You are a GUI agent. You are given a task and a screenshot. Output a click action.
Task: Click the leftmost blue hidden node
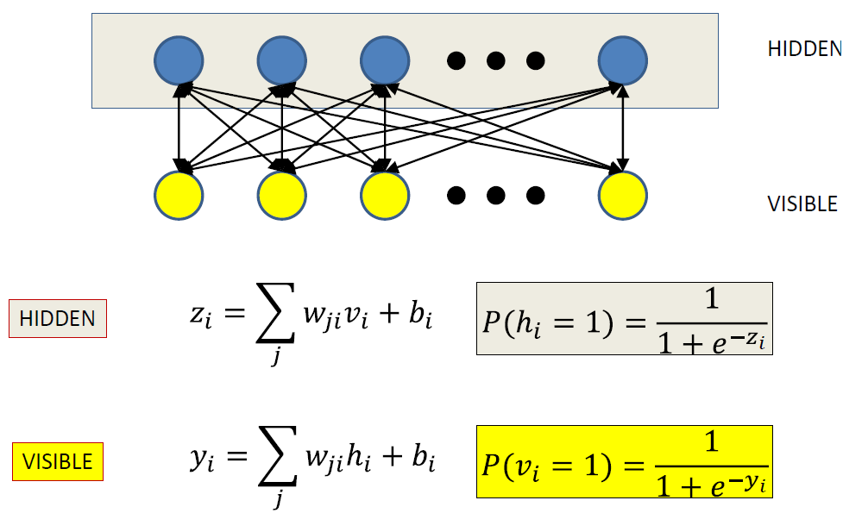179,60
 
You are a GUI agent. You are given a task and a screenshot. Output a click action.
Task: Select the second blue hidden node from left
282,60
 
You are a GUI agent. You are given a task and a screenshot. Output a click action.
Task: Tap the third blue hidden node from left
385,60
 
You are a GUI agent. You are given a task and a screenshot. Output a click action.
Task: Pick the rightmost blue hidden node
622,60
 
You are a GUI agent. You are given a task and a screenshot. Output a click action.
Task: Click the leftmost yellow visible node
179,195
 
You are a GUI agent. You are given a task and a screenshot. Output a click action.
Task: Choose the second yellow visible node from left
282,195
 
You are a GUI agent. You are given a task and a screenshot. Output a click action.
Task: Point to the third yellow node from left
385,195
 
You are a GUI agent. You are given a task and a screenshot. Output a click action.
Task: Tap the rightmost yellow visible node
622,195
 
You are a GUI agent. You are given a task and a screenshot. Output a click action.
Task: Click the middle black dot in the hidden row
495,60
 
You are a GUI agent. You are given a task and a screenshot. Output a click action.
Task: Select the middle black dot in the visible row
495,196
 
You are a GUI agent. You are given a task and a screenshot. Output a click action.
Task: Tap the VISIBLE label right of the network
802,204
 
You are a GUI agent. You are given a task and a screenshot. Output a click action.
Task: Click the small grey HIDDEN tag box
58,318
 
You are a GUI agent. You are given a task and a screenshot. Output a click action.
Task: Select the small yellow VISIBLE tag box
58,462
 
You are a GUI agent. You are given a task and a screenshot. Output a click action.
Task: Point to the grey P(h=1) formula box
624,319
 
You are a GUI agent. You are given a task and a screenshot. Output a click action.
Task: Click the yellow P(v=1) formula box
624,461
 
